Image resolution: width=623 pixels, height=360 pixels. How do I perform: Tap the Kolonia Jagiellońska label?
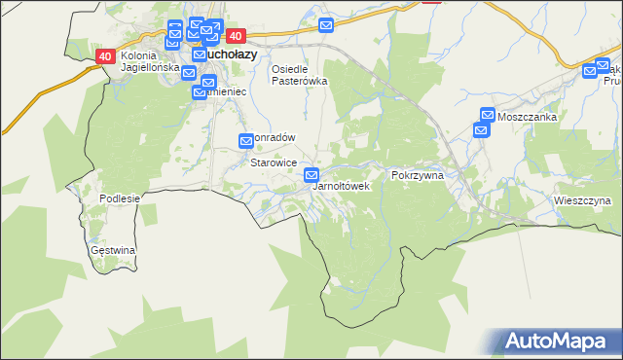tap(151, 62)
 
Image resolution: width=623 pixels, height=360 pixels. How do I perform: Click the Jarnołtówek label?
tap(341, 185)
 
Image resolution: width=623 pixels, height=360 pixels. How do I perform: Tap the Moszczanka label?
tap(526, 117)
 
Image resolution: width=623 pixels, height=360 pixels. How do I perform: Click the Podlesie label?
tap(121, 198)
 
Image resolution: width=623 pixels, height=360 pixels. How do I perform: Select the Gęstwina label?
tap(113, 250)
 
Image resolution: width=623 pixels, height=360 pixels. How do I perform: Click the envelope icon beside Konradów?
tap(247, 141)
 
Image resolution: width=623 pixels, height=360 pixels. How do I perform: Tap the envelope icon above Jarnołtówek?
tap(311, 175)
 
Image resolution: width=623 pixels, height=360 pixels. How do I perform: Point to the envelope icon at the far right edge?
tap(590, 70)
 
